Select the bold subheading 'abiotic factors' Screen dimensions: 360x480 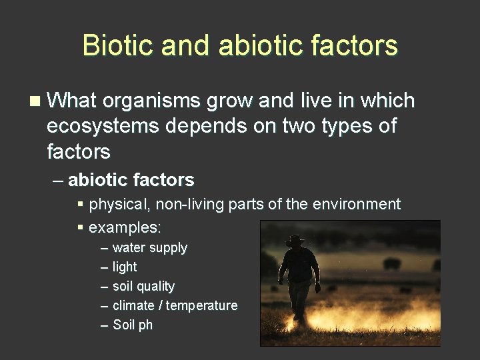click(x=131, y=179)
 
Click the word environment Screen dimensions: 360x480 click(x=358, y=204)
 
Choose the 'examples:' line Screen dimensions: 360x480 click(x=125, y=227)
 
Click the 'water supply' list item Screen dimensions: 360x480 click(x=150, y=248)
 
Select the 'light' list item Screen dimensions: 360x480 click(x=125, y=267)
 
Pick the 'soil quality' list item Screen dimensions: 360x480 click(x=143, y=286)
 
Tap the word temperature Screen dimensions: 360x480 click(x=201, y=305)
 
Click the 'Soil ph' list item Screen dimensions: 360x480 click(x=133, y=325)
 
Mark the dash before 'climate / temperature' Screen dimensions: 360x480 click(x=104, y=305)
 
